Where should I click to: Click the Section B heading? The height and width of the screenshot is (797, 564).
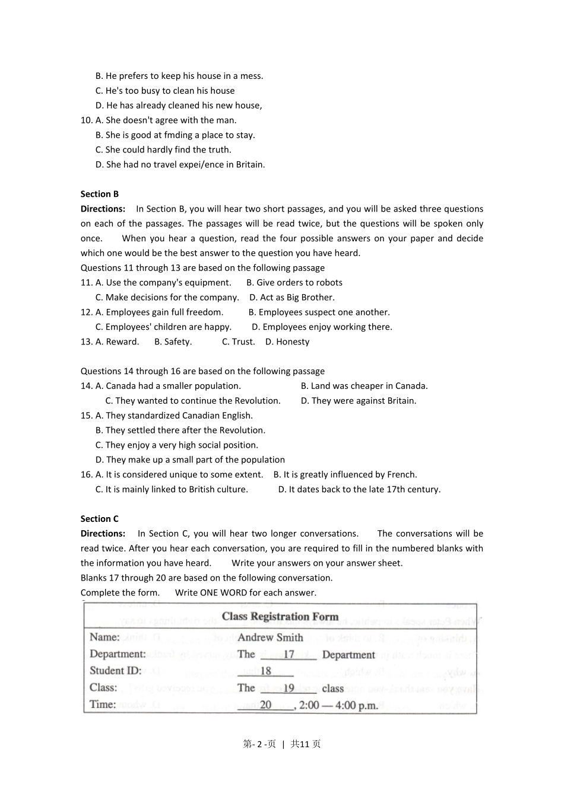tap(100, 194)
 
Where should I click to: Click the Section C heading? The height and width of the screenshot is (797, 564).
tap(100, 519)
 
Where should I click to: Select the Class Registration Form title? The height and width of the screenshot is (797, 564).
tap(280, 617)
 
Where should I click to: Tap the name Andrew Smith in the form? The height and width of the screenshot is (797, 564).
tap(270, 637)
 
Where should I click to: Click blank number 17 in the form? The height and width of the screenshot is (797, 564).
tap(289, 655)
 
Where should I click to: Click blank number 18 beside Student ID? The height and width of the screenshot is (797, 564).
tap(265, 671)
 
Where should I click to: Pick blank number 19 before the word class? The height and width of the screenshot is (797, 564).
tap(289, 688)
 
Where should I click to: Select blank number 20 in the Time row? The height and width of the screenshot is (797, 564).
tap(265, 705)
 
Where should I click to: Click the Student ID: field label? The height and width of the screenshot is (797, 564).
tap(116, 671)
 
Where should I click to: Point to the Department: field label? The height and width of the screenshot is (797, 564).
tap(118, 654)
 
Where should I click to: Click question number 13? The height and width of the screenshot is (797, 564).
tap(87, 342)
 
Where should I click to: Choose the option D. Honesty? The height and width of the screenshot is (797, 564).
tap(287, 342)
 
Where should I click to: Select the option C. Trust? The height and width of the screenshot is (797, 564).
tap(238, 342)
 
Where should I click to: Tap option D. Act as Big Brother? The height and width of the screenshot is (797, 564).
tap(291, 298)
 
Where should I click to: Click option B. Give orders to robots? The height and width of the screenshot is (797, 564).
tap(294, 283)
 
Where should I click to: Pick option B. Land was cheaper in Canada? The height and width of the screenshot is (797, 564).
tap(364, 386)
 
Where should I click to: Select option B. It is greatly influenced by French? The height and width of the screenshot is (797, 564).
tap(345, 474)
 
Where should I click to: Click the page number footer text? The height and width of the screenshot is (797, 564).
tap(282, 744)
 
